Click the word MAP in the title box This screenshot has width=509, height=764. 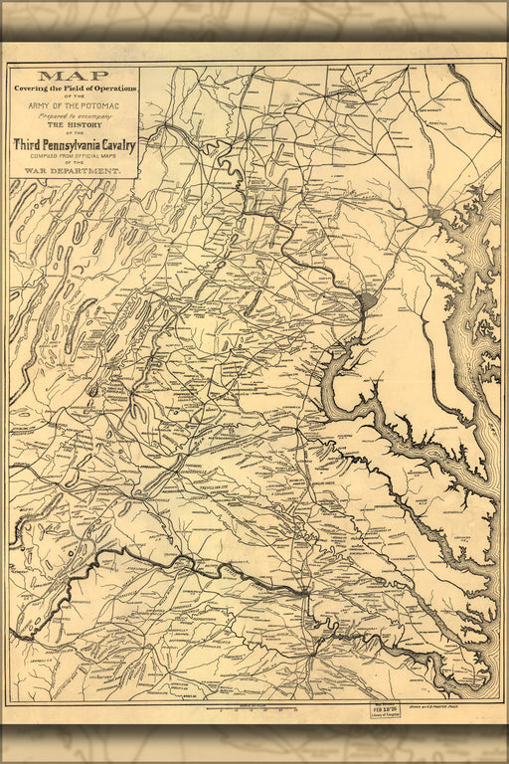[x=74, y=76]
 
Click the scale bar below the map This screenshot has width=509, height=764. [x=254, y=709]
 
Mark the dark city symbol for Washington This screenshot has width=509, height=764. [x=367, y=302]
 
